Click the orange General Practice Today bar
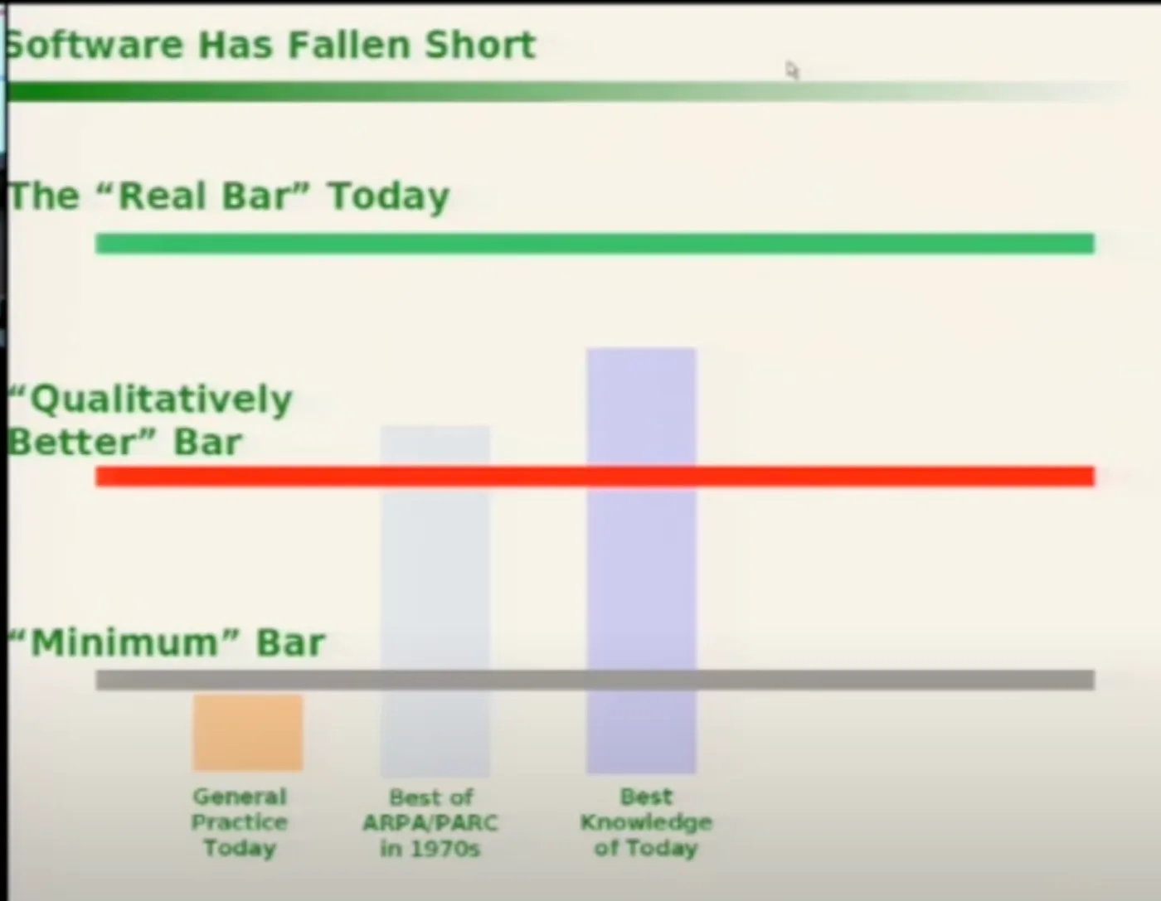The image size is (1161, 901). (248, 733)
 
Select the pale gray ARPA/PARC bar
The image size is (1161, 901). (435, 601)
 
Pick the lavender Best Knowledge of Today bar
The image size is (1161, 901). (641, 560)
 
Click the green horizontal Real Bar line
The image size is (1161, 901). (595, 244)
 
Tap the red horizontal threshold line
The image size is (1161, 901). (595, 476)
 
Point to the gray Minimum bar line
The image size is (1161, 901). (595, 680)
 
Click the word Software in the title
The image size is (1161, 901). (95, 45)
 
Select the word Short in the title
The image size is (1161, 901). (480, 45)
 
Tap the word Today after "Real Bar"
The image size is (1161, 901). (388, 197)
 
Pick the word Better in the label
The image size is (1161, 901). (77, 443)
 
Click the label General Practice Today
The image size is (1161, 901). (240, 822)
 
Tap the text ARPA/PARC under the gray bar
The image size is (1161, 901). (430, 822)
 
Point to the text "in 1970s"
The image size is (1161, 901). (430, 848)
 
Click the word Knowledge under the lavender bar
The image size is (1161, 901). (647, 822)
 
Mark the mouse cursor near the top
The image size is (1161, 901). (791, 70)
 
